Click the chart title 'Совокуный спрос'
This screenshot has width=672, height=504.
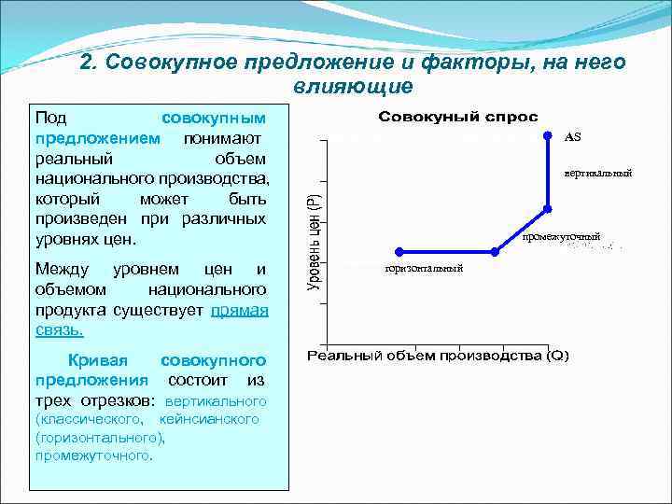457,117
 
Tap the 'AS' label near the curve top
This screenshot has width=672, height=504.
572,137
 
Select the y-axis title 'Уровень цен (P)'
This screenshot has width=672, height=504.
315,240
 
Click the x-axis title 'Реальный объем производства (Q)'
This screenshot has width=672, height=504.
438,356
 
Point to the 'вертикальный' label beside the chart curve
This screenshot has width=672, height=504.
598,173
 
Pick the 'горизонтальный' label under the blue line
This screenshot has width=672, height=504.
425,269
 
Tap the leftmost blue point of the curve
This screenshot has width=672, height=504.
399,251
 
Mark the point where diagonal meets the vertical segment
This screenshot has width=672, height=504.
549,211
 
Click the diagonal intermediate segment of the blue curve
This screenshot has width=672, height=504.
522,231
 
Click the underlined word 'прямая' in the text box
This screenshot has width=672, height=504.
240,310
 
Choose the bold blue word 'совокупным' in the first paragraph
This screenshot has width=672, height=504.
214,119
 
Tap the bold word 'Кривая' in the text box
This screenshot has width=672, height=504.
98,360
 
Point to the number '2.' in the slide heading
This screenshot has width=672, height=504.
90,63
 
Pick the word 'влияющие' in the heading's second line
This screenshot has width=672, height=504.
352,87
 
